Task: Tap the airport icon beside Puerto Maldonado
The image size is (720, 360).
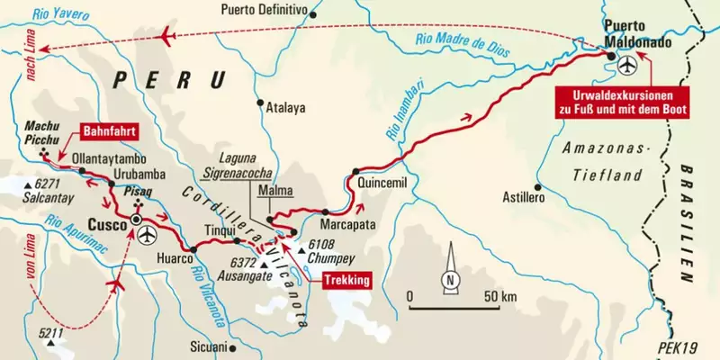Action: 627,65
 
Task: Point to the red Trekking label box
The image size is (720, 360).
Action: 341,280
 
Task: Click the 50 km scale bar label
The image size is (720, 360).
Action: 499,295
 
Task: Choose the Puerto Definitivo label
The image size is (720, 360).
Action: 267,10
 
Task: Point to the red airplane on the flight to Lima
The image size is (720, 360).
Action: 168,36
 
